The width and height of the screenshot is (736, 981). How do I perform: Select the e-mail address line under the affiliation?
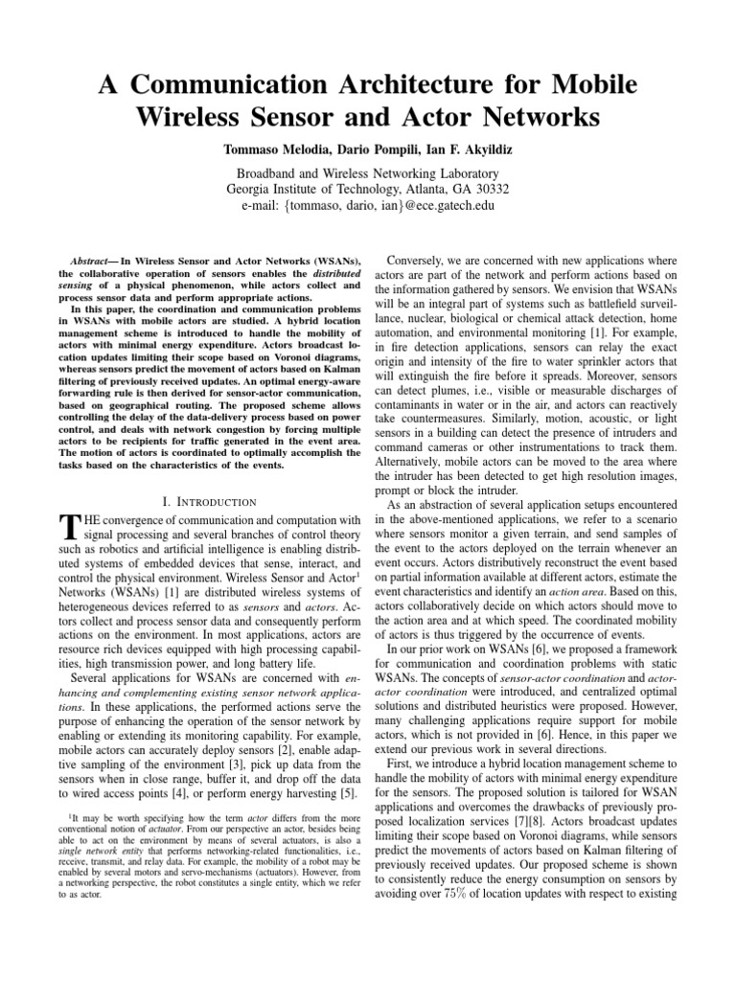[x=369, y=205]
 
